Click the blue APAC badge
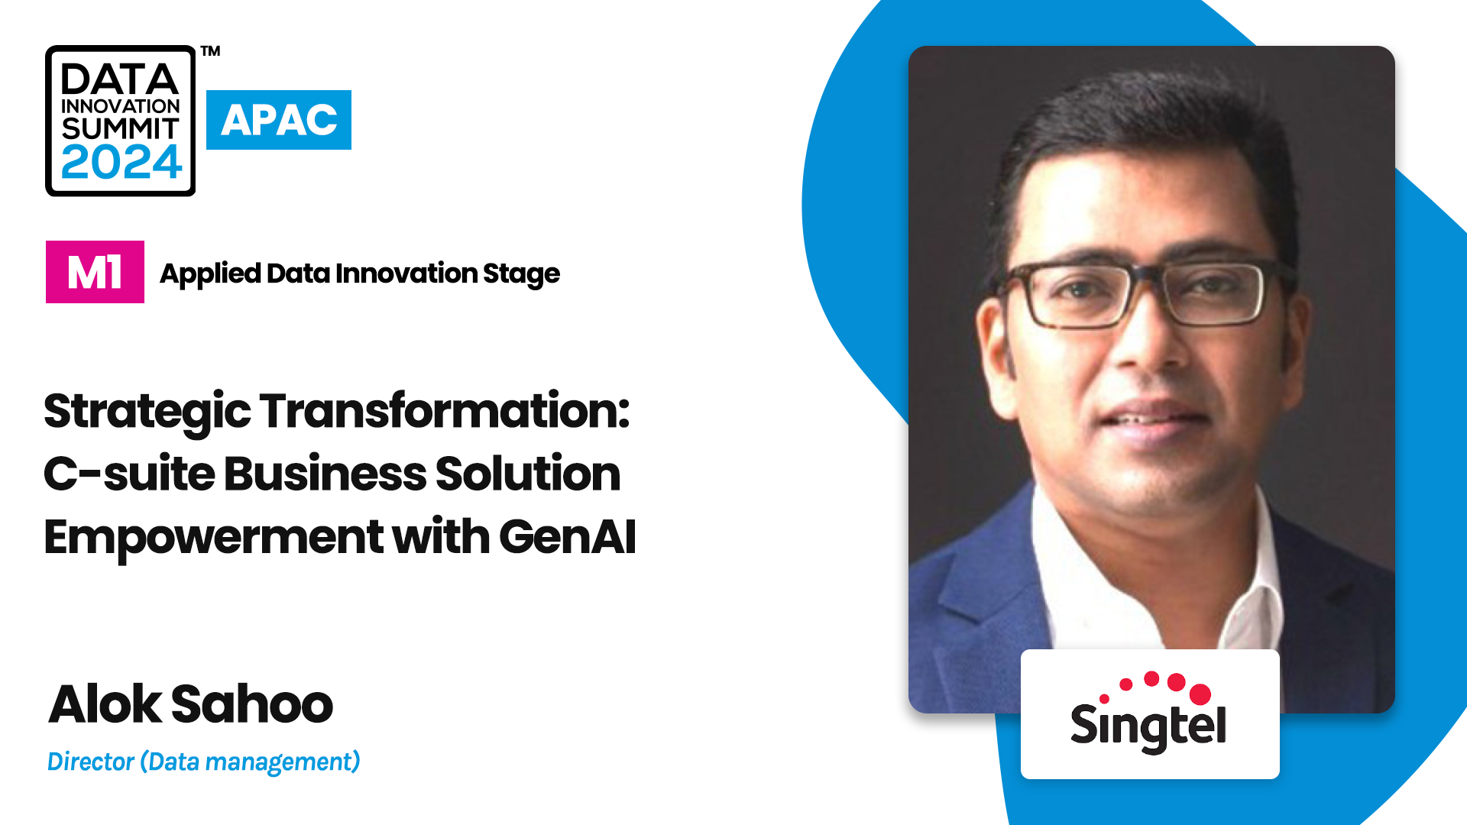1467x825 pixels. tap(279, 120)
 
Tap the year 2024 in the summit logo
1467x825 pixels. tap(121, 162)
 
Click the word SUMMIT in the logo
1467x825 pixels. tap(121, 128)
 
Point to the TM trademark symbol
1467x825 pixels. tap(211, 51)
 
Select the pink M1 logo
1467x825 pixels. tap(95, 272)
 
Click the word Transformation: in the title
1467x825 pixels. tap(445, 411)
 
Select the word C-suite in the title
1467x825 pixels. tap(129, 474)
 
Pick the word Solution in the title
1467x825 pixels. tap(528, 474)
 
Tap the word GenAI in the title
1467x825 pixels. tap(568, 536)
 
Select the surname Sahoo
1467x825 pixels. tap(252, 704)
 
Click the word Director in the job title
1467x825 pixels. tap(91, 762)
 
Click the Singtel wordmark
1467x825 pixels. tap(1148, 726)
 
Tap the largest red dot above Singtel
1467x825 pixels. tap(1200, 694)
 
